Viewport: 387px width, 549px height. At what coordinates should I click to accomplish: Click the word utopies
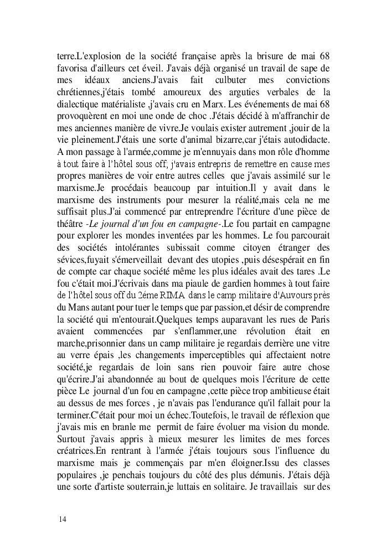226,255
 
